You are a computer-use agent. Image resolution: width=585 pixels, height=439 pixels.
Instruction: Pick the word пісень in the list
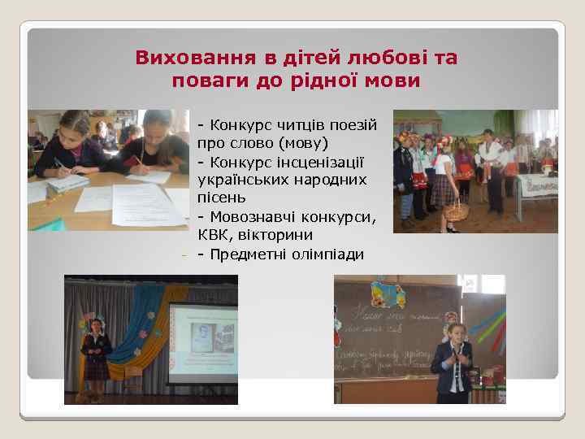[x=221, y=198]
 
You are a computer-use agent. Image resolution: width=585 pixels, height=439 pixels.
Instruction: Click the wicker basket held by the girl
[x=456, y=211]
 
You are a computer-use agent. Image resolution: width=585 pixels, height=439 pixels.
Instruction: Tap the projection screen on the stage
[x=202, y=341]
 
